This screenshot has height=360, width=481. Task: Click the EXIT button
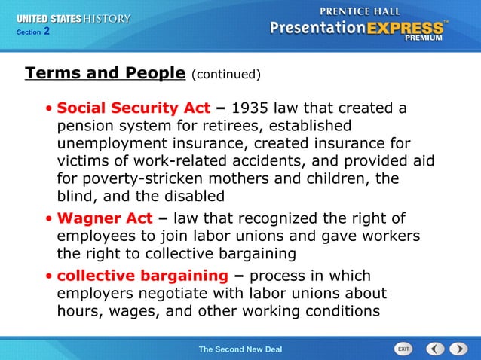pyautogui.click(x=404, y=349)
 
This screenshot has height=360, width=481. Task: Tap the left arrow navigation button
pyautogui.click(x=435, y=349)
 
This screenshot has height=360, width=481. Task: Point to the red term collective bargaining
pyautogui.click(x=142, y=276)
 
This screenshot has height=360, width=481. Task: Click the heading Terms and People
pyautogui.click(x=105, y=73)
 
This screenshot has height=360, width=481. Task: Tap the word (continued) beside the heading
pyautogui.click(x=226, y=75)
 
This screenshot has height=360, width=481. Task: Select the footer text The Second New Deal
pyautogui.click(x=240, y=349)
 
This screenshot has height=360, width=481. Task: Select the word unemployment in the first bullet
pyautogui.click(x=109, y=144)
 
